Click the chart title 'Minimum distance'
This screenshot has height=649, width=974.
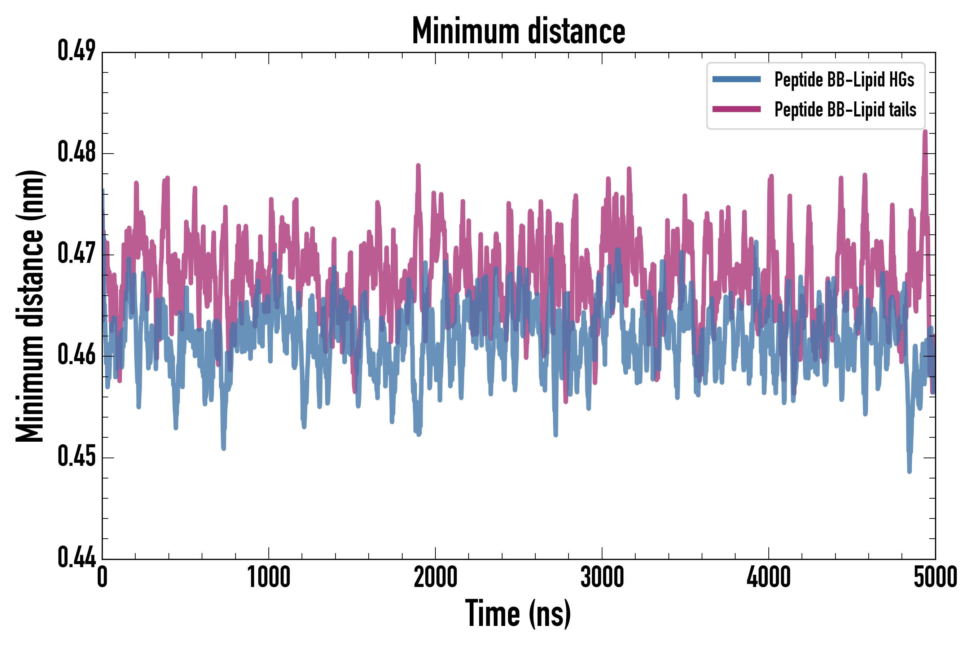(x=518, y=31)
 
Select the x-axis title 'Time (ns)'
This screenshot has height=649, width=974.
(x=518, y=613)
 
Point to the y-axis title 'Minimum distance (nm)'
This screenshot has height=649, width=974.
(x=30, y=306)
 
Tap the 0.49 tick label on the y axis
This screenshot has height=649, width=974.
(x=76, y=51)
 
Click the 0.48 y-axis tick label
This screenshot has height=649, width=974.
(x=76, y=152)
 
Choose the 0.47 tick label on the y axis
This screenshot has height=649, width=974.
(x=76, y=254)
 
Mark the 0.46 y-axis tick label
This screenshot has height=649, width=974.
(x=76, y=355)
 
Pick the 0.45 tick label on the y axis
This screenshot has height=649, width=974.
(x=76, y=456)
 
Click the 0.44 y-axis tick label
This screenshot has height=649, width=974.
(x=76, y=558)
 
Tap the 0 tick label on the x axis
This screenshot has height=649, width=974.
(x=102, y=577)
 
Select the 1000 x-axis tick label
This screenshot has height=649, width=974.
(x=269, y=577)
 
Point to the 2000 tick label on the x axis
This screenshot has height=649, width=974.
(x=435, y=577)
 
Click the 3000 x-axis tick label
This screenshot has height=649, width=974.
(x=602, y=577)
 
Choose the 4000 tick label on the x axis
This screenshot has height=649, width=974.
(x=769, y=577)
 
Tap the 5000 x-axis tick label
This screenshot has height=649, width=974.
(x=935, y=577)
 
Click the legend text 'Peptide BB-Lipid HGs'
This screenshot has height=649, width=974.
(x=844, y=79)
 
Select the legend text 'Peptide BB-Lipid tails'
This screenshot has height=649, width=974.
(x=845, y=110)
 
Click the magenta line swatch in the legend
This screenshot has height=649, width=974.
(x=736, y=109)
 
